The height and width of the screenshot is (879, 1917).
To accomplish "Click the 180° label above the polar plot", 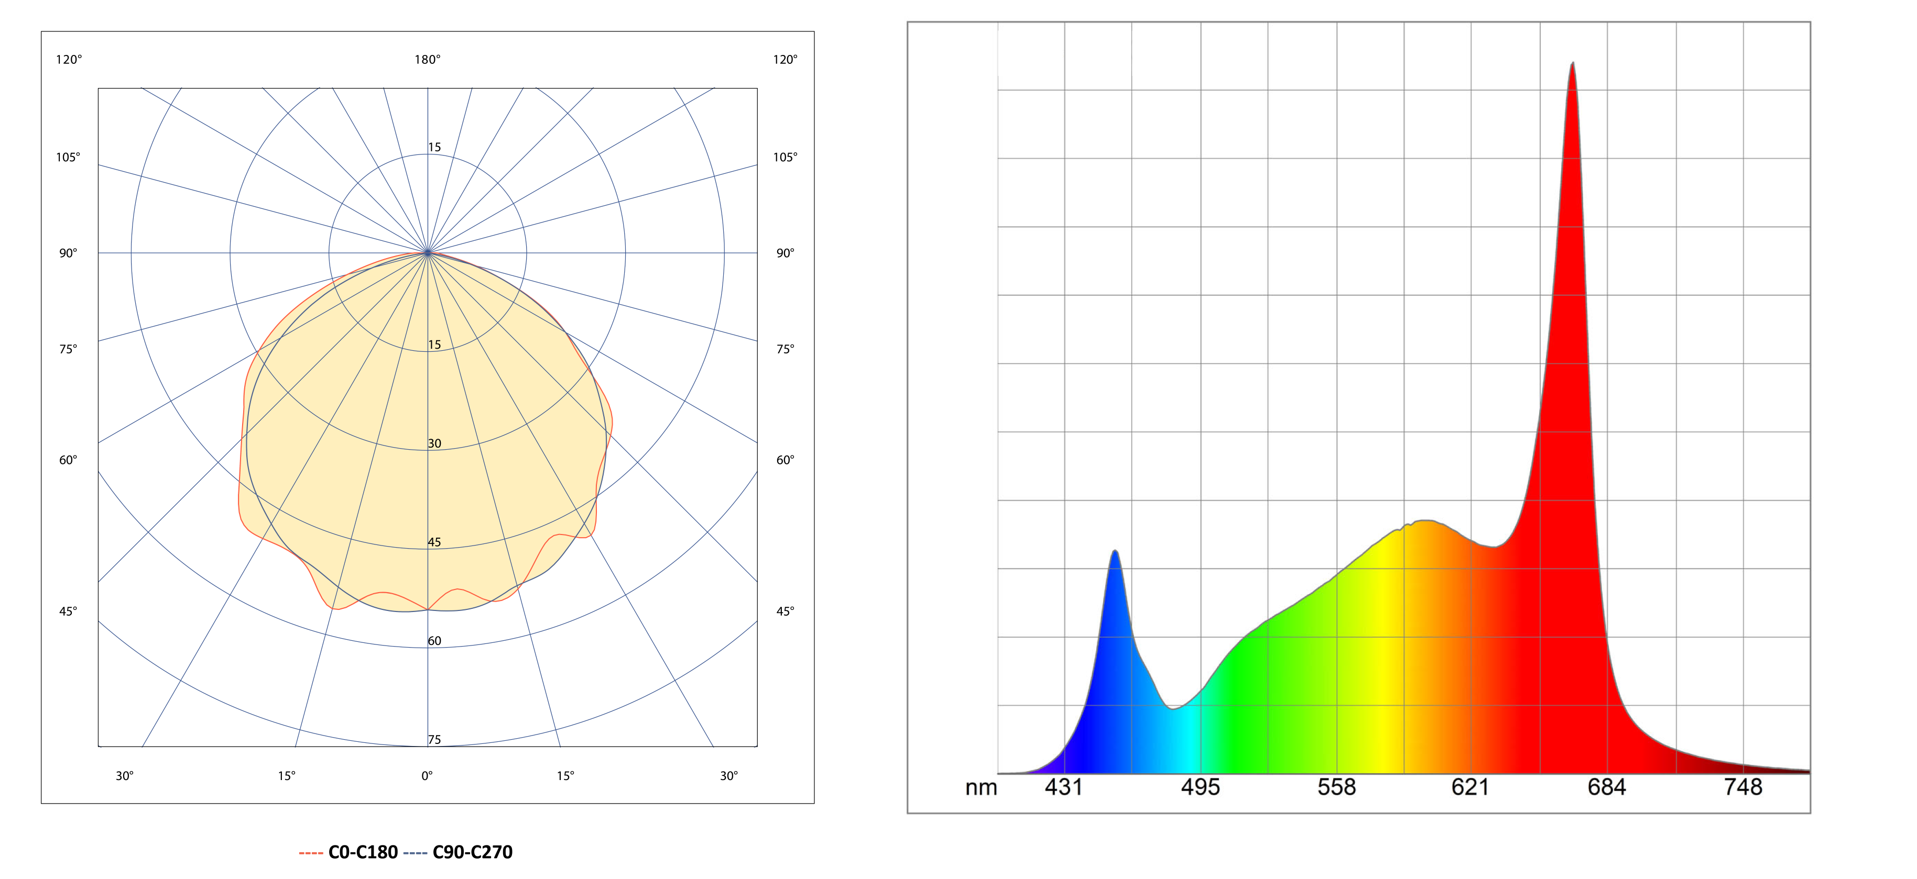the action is click(x=427, y=60).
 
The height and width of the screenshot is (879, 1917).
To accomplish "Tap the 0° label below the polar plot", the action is click(x=427, y=776).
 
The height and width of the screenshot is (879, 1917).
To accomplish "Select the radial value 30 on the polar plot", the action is click(x=434, y=443).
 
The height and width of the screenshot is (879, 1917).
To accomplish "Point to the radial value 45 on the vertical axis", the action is click(x=434, y=542).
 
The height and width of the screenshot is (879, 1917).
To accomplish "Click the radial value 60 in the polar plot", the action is click(x=434, y=640).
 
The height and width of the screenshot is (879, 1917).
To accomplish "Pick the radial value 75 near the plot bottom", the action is click(x=434, y=739).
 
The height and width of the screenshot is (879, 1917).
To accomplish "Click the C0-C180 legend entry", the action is click(x=348, y=852).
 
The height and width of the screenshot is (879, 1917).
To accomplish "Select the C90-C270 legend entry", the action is click(x=458, y=852).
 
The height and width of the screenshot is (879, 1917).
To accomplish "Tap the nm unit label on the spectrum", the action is click(x=981, y=787).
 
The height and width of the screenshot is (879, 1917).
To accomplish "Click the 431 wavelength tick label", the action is click(x=1063, y=787).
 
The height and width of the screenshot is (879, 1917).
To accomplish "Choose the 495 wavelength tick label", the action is click(x=1201, y=787).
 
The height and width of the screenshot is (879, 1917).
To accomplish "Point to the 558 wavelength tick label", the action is click(x=1336, y=787).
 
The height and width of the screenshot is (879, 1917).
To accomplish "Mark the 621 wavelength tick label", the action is click(x=1471, y=787).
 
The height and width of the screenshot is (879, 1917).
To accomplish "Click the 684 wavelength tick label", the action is click(x=1607, y=787).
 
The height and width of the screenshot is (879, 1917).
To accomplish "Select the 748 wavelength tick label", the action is click(x=1743, y=787).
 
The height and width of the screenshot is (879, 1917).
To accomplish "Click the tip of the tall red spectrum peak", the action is click(x=1573, y=62).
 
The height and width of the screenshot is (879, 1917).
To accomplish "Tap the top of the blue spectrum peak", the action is click(x=1115, y=551).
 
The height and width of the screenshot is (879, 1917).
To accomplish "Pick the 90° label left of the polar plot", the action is click(x=68, y=253).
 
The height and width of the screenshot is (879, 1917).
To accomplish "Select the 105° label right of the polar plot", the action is click(x=785, y=157).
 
